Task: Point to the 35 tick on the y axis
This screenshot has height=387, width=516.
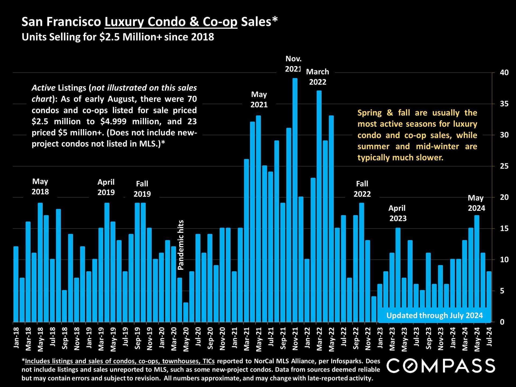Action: [x=504, y=104]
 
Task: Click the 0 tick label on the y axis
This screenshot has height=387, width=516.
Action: [x=502, y=322]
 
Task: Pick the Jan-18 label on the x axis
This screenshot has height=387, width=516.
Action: [x=16, y=338]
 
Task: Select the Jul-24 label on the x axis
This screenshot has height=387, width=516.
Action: [x=489, y=337]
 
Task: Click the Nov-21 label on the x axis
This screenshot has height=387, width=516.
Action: [x=295, y=339]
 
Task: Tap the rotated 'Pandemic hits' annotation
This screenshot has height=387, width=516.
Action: [x=181, y=245]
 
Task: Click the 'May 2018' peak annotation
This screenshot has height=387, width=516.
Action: [x=40, y=187]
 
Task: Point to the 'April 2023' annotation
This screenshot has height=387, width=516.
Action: [x=398, y=213]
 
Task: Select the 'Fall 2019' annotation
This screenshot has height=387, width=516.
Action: [x=142, y=189]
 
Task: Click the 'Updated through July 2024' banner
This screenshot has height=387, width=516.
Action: [x=435, y=315]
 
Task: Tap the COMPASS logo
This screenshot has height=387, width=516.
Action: [x=440, y=366]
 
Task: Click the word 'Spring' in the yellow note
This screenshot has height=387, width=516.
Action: [x=370, y=113]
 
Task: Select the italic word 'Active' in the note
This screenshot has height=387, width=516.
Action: [x=44, y=88]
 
